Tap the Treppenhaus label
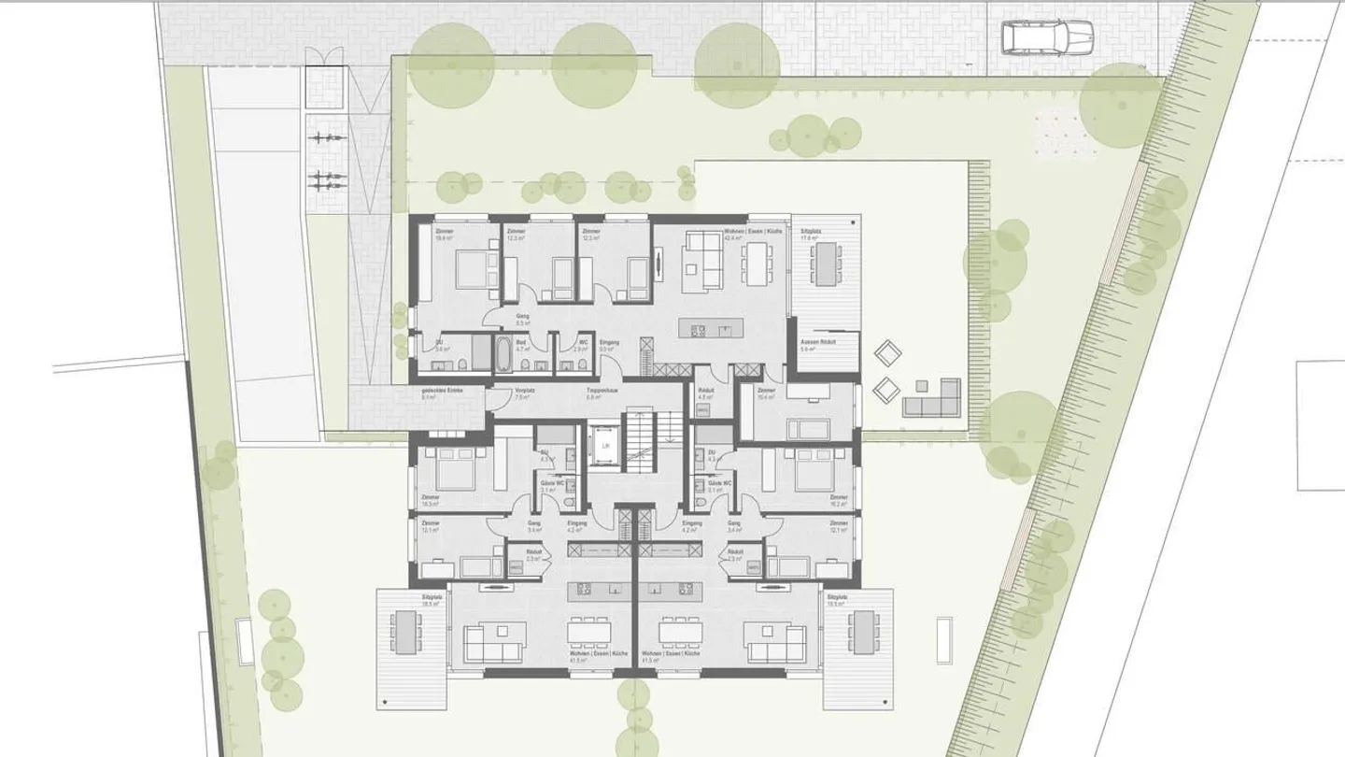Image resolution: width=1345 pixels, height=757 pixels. (599, 393)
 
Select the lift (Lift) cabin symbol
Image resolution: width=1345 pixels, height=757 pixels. (605, 446)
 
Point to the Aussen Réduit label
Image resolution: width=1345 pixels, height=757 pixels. (817, 345)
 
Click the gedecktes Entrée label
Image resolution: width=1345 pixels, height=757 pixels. (442, 393)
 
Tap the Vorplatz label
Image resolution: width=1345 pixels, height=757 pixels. (524, 393)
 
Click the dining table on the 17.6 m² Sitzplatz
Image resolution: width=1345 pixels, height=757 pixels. (826, 263)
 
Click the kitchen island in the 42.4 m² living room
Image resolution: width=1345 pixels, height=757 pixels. (715, 329)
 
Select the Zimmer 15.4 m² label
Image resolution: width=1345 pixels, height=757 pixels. (766, 393)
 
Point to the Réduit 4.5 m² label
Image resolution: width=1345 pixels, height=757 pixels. (706, 393)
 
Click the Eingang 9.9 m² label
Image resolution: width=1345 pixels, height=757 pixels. (609, 345)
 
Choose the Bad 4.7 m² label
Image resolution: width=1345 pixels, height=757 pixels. (521, 345)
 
